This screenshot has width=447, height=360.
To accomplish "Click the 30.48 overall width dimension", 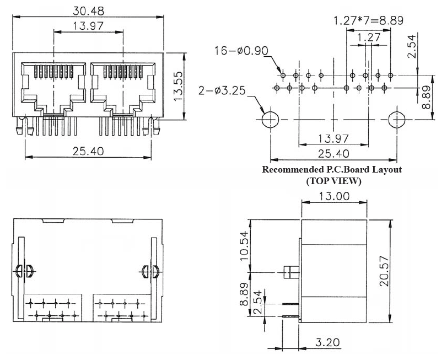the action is click(88, 11).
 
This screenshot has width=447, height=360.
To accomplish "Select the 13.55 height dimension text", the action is click(178, 87).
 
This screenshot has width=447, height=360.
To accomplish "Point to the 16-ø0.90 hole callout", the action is click(241, 51).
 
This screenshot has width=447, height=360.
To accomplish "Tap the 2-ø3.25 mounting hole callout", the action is click(222, 90).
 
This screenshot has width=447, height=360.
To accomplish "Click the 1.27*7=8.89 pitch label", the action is click(369, 20).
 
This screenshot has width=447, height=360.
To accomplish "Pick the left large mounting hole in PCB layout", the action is click(270, 120).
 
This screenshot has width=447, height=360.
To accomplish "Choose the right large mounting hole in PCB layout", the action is click(396, 120).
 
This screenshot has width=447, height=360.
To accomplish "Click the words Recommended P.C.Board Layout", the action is click(332, 169).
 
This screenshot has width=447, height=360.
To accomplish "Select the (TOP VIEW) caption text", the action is click(333, 181).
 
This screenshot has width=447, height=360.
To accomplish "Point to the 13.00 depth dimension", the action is click(334, 196).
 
